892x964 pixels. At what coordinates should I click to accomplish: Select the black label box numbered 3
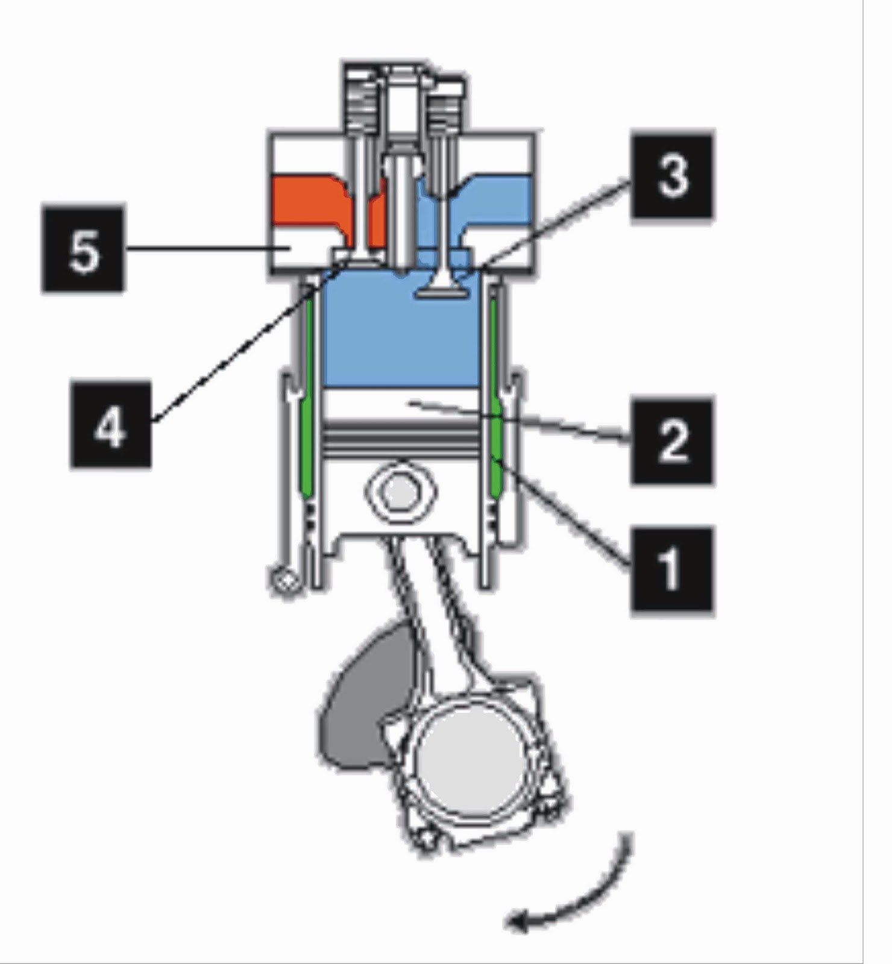(x=672, y=176)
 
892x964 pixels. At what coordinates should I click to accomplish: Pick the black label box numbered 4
(x=110, y=424)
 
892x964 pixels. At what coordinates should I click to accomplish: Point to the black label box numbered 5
(x=83, y=248)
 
